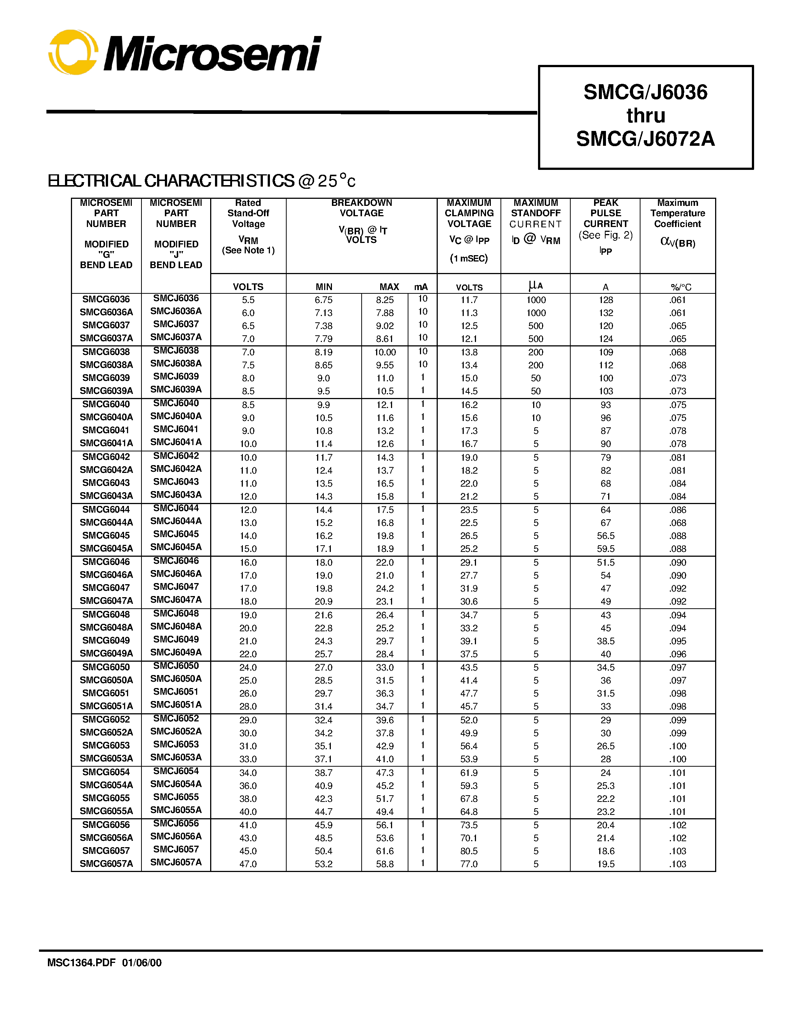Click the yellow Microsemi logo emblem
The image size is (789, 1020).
(x=73, y=52)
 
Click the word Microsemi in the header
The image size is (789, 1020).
(x=212, y=54)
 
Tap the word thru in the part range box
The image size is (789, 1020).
(x=646, y=115)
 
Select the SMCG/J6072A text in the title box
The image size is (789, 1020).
(x=646, y=139)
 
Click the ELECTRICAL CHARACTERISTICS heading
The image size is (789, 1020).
(x=202, y=181)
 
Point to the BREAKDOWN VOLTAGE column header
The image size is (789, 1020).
(x=361, y=208)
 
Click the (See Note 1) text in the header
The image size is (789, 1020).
(x=248, y=250)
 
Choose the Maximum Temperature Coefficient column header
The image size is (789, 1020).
(x=677, y=213)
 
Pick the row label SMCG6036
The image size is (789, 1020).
(x=106, y=299)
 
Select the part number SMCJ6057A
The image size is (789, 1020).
(x=176, y=862)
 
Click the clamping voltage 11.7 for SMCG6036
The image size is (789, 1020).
(x=469, y=300)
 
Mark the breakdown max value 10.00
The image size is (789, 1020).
(x=385, y=352)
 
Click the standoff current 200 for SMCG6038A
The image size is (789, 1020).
(x=536, y=365)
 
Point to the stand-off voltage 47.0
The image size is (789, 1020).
(x=248, y=864)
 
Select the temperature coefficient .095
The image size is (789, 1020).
(x=678, y=641)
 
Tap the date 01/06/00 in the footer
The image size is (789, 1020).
(x=142, y=963)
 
